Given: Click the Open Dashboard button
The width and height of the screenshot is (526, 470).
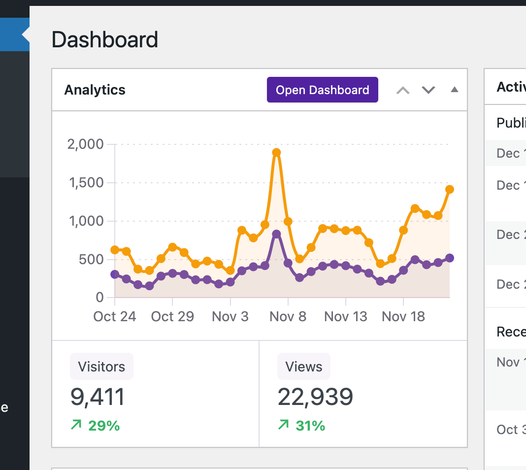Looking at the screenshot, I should coord(322,90).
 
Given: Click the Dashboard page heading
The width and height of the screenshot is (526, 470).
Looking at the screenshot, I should coord(104,39).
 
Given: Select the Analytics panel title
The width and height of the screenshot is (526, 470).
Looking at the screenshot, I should coord(95,90).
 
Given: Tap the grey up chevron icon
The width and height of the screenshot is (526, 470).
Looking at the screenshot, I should coord(403,90).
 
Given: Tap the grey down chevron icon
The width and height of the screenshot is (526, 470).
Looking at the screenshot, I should coord(428,90).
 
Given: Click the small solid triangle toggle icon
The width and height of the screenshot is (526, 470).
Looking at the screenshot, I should coord(455,90).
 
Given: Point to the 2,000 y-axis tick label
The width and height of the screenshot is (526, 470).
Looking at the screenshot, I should coord(85,144).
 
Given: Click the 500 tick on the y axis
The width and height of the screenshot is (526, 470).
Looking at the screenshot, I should coord(91,259).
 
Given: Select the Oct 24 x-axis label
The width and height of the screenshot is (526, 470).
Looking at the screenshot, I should coord(114,316).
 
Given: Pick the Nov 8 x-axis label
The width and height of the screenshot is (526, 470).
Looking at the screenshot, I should coord(288,316).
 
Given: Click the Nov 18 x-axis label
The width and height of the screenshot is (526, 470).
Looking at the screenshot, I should coord(403,316).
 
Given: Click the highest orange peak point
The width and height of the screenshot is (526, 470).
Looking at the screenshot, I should coord(276,153).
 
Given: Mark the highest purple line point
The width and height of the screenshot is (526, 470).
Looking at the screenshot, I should coord(276,234).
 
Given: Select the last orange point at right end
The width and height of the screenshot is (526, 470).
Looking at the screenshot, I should coord(449,190).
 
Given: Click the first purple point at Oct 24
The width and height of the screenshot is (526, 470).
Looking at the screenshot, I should coord(115,274).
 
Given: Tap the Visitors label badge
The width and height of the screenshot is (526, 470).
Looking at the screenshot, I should coord(101,367).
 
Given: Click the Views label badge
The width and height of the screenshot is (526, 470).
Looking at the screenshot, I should coord(303,367).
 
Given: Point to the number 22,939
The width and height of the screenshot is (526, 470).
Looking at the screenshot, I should coord(315,397).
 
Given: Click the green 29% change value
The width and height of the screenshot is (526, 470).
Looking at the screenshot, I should coord(103,425).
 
